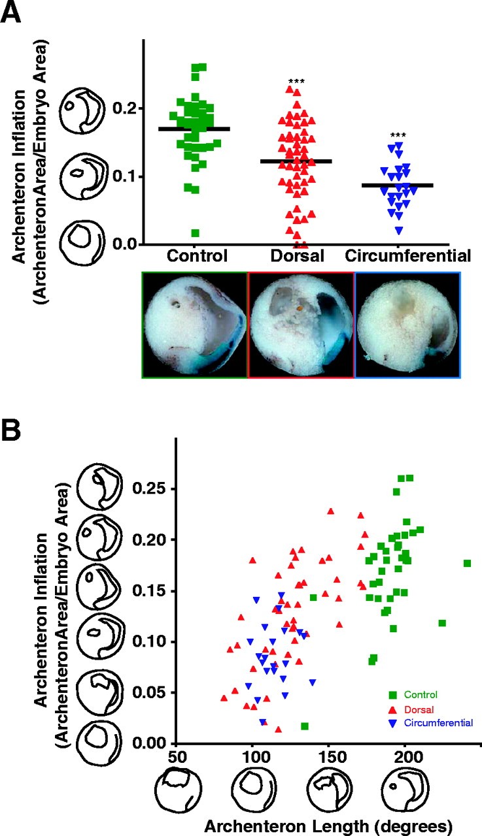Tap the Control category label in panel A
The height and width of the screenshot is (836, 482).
pyautogui.click(x=196, y=255)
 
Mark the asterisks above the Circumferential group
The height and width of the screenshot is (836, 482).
pyautogui.click(x=398, y=137)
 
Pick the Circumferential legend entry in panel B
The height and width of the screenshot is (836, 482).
pyautogui.click(x=438, y=722)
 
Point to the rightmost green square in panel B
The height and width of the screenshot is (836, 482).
pyautogui.click(x=467, y=563)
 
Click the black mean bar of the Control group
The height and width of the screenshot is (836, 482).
pyautogui.click(x=194, y=129)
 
